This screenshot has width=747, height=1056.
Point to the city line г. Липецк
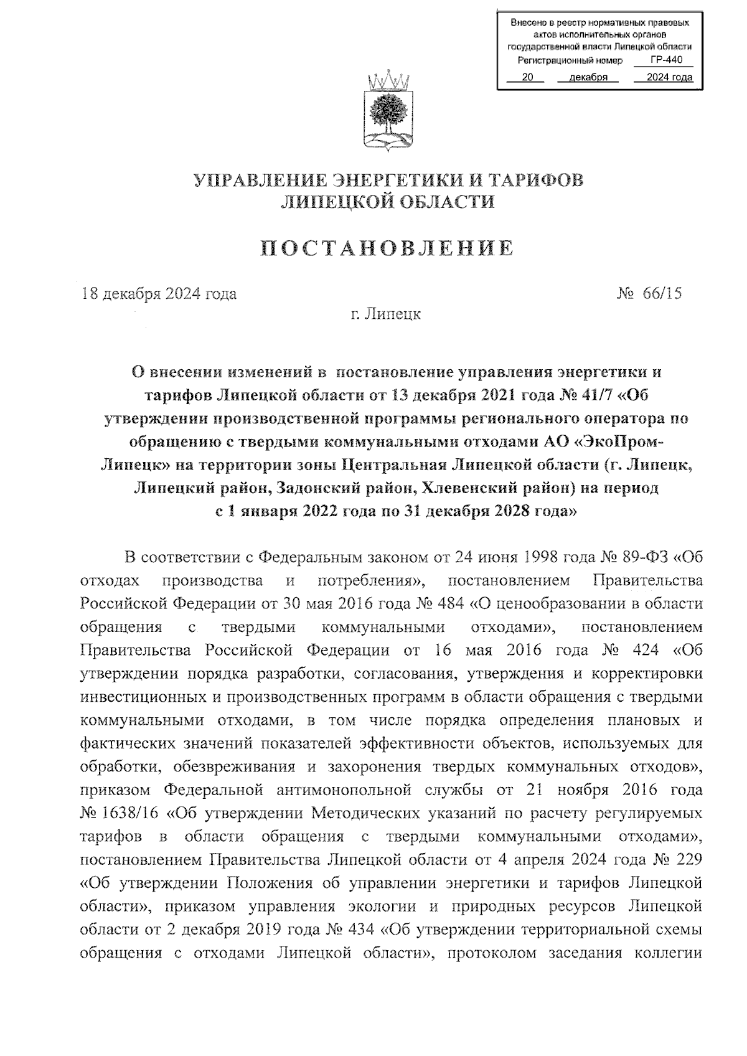coord(385,314)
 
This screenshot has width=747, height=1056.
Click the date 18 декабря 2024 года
coord(159,293)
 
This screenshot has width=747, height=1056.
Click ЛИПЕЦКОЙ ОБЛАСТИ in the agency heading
coord(388,201)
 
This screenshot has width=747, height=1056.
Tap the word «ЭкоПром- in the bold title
coord(619,441)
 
